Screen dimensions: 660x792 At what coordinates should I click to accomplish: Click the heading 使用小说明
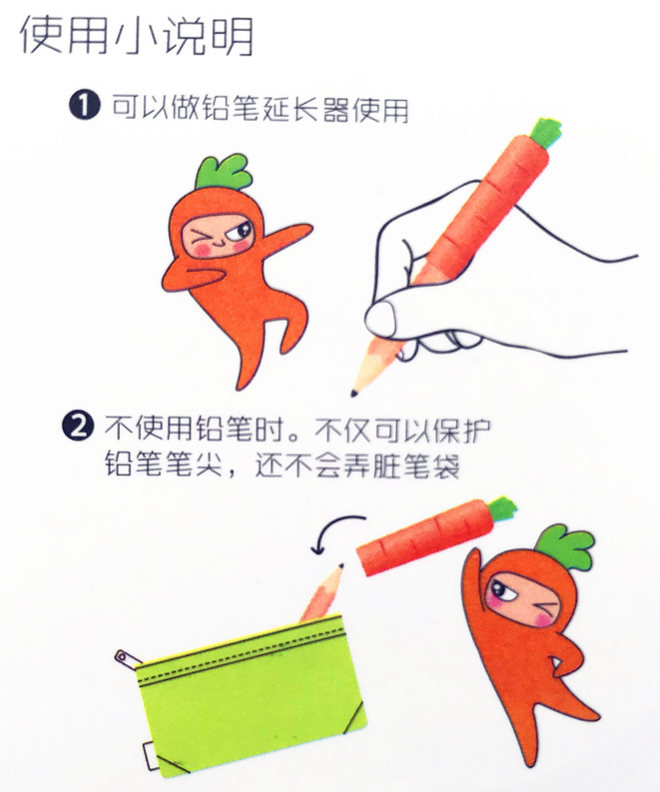point(136,35)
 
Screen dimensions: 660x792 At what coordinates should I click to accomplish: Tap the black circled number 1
point(83,107)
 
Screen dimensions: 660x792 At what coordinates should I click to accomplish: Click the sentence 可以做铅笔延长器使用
point(260,108)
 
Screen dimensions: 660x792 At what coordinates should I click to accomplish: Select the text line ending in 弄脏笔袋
point(282,466)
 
